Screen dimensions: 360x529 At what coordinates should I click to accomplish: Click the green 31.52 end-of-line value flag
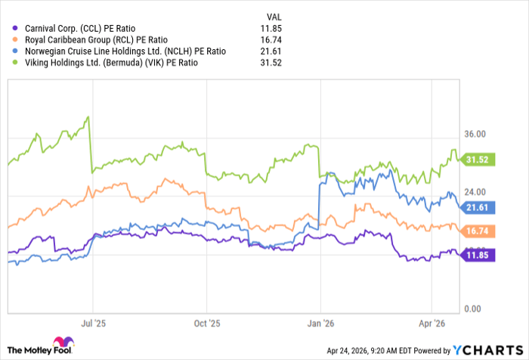[480, 160]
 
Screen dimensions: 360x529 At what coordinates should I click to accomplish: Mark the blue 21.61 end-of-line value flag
[480, 206]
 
